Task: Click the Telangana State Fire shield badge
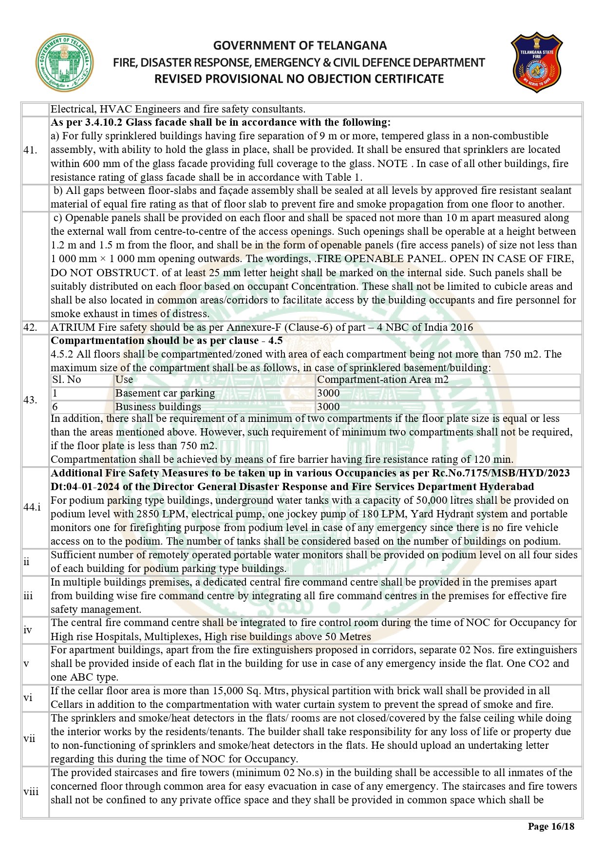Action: coord(536,62)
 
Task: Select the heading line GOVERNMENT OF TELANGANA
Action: coord(300,46)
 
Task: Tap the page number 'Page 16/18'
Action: coord(551,826)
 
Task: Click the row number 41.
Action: coord(30,150)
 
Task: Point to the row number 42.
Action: coord(30,327)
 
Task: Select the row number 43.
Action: coord(30,400)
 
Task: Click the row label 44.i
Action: coord(32,507)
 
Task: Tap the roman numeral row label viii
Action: coord(31,792)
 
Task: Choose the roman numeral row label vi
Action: coord(28,698)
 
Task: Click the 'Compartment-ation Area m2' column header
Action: coord(382,380)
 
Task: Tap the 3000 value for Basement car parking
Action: coord(328,393)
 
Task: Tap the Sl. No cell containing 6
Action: coord(55,407)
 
